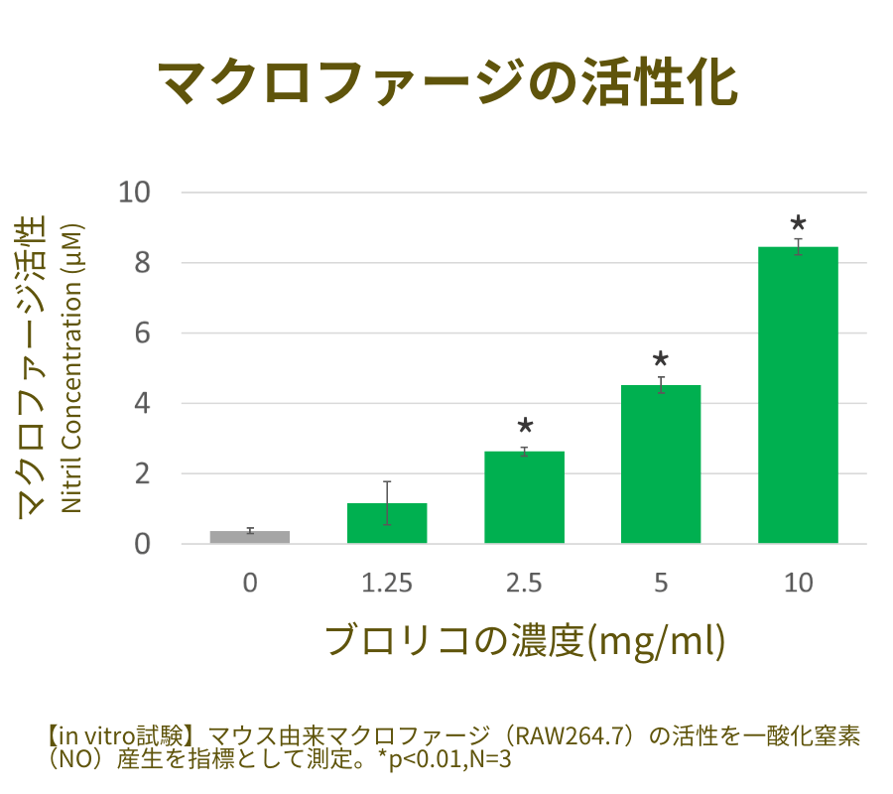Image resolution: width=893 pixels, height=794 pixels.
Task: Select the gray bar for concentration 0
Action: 250,537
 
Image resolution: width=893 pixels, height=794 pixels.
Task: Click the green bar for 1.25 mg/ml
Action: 387,524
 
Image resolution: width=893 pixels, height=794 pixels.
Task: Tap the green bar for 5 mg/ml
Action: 661,464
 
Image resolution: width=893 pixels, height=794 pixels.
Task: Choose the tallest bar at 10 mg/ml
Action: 798,395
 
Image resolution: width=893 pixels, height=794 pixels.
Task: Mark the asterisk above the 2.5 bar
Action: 525,428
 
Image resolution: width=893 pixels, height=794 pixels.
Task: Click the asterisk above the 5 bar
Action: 661,361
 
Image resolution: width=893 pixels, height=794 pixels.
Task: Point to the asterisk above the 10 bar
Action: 798,224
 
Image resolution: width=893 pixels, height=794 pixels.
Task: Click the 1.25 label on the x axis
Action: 387,584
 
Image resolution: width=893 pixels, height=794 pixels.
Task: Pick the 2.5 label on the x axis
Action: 524,584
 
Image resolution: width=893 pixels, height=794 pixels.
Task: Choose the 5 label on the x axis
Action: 661,584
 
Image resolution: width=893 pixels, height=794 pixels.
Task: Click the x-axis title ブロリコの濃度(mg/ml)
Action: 526,640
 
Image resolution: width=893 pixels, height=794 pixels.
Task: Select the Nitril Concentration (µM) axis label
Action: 71,368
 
